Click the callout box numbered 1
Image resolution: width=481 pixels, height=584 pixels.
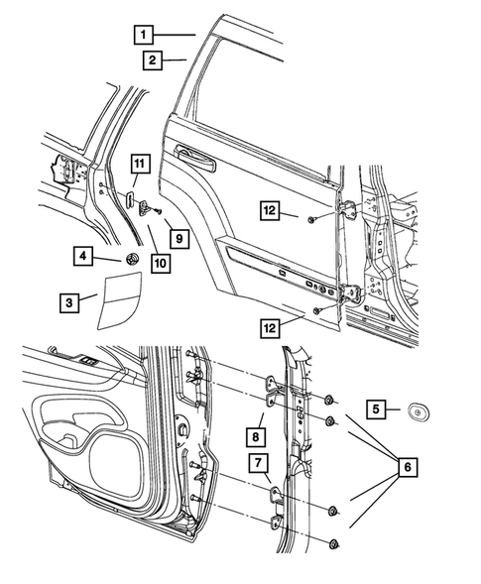145,35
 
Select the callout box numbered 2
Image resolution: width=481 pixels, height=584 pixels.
151,61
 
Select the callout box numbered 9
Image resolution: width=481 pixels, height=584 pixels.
178,238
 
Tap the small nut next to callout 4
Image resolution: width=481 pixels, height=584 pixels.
129,259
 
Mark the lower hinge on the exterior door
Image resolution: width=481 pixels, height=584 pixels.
350,293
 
